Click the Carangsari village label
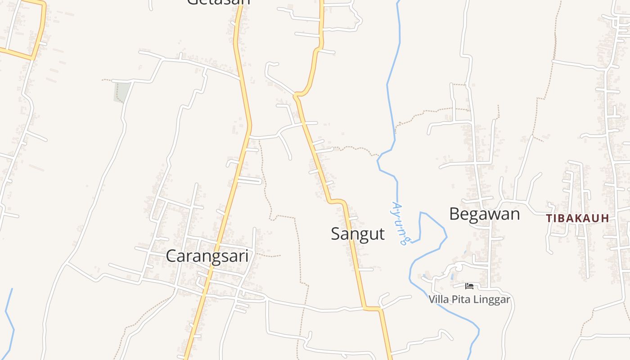point(207,256)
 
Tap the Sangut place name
point(358,234)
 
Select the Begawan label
point(484,214)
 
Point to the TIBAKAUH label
point(577,219)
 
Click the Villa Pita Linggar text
point(469,299)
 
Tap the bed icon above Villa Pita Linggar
point(469,286)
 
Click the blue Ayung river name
point(399,223)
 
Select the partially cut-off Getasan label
point(218,2)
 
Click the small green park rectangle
point(121,92)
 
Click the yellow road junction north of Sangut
point(297,94)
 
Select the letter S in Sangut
point(336,234)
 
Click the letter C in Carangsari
point(171,256)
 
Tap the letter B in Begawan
point(454,214)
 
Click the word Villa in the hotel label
point(437,299)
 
